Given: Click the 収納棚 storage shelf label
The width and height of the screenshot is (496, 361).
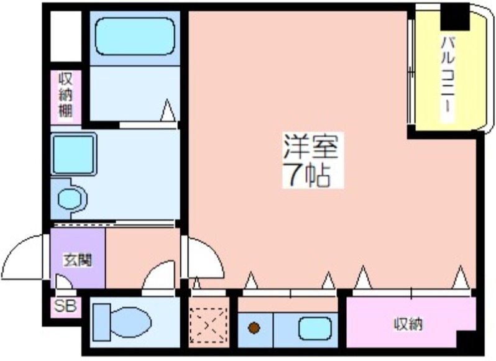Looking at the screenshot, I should [66, 96].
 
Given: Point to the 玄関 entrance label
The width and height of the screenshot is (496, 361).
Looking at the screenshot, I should [77, 260].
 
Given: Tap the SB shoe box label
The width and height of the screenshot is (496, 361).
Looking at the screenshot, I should [64, 306].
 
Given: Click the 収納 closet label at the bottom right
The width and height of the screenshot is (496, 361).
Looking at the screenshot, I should [408, 324].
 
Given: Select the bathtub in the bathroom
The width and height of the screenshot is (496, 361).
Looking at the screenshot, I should [135, 37].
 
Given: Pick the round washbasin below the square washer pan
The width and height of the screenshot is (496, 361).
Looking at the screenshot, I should [70, 199].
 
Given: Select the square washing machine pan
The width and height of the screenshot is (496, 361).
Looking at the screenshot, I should [73, 153].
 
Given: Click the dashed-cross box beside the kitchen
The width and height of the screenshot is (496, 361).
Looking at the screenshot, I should [208, 325].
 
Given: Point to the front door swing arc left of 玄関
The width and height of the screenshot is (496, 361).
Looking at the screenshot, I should [25, 255].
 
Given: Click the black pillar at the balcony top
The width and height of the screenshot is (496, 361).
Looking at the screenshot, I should [454, 16].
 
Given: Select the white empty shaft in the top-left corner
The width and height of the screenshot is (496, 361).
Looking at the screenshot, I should [65, 35].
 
